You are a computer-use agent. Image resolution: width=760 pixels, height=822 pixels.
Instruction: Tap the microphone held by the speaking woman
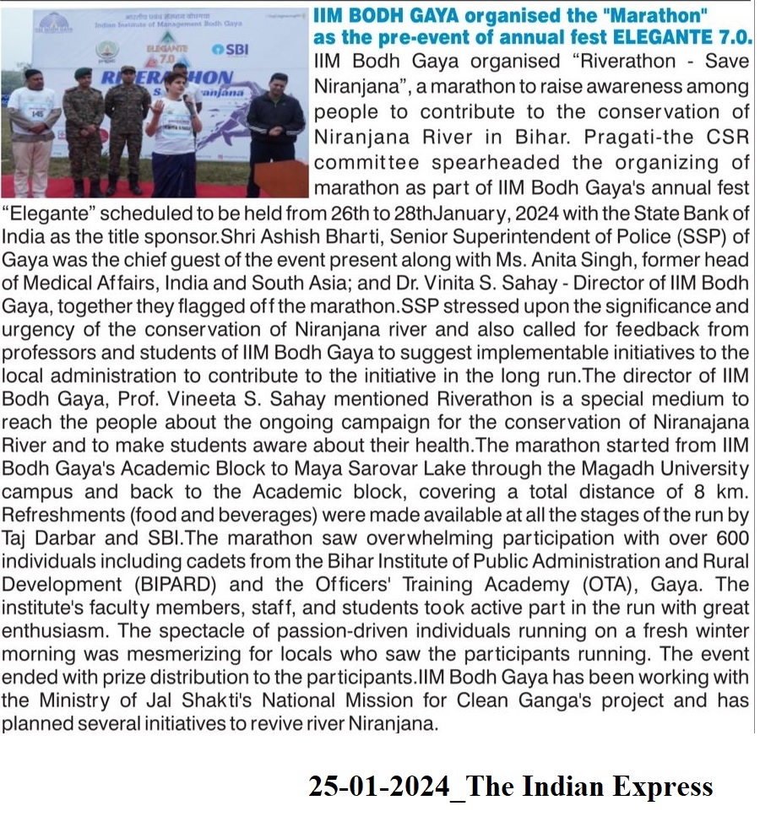pyautogui.click(x=187, y=104)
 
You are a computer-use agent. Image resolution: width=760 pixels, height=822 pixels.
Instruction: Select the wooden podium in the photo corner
pyautogui.click(x=282, y=178)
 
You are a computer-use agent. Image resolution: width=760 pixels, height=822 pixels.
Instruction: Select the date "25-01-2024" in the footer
pyautogui.click(x=378, y=787)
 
